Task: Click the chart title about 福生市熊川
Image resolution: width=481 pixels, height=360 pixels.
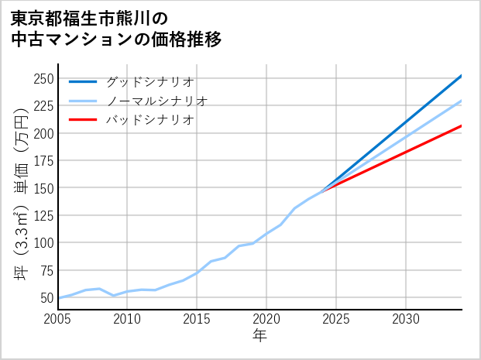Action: (x=116, y=29)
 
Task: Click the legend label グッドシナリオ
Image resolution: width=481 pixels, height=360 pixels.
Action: (x=149, y=81)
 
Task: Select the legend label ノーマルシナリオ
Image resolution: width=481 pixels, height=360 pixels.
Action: (x=156, y=101)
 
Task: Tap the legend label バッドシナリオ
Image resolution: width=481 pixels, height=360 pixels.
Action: (x=149, y=120)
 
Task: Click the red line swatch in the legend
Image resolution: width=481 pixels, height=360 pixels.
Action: (x=83, y=120)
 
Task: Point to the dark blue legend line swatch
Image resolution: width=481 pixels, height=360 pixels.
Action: (x=83, y=81)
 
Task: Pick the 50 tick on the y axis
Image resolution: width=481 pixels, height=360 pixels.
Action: (x=46, y=297)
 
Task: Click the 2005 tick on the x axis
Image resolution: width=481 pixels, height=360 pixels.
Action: (x=58, y=318)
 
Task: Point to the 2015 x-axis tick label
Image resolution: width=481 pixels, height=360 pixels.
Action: (x=198, y=318)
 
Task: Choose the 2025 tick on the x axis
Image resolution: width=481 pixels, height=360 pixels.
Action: (x=336, y=318)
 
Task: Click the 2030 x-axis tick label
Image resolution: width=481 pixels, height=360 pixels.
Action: (x=406, y=318)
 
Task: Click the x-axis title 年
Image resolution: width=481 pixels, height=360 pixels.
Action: (x=259, y=336)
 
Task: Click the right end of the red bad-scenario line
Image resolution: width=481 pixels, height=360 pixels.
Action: (x=462, y=125)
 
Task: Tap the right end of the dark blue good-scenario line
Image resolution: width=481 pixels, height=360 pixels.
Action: (x=462, y=75)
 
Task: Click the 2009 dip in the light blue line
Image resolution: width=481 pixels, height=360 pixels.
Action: (x=114, y=296)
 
